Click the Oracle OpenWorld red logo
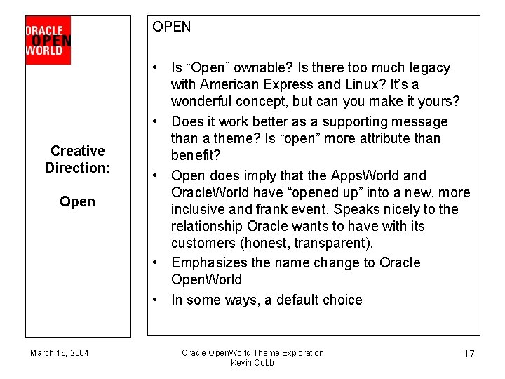[48, 41]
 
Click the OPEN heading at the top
[171, 27]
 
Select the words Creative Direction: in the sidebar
[78, 159]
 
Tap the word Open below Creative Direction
[77, 201]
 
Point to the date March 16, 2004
[60, 352]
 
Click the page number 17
[469, 354]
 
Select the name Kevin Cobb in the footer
[252, 362]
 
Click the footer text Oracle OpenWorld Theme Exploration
[252, 352]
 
